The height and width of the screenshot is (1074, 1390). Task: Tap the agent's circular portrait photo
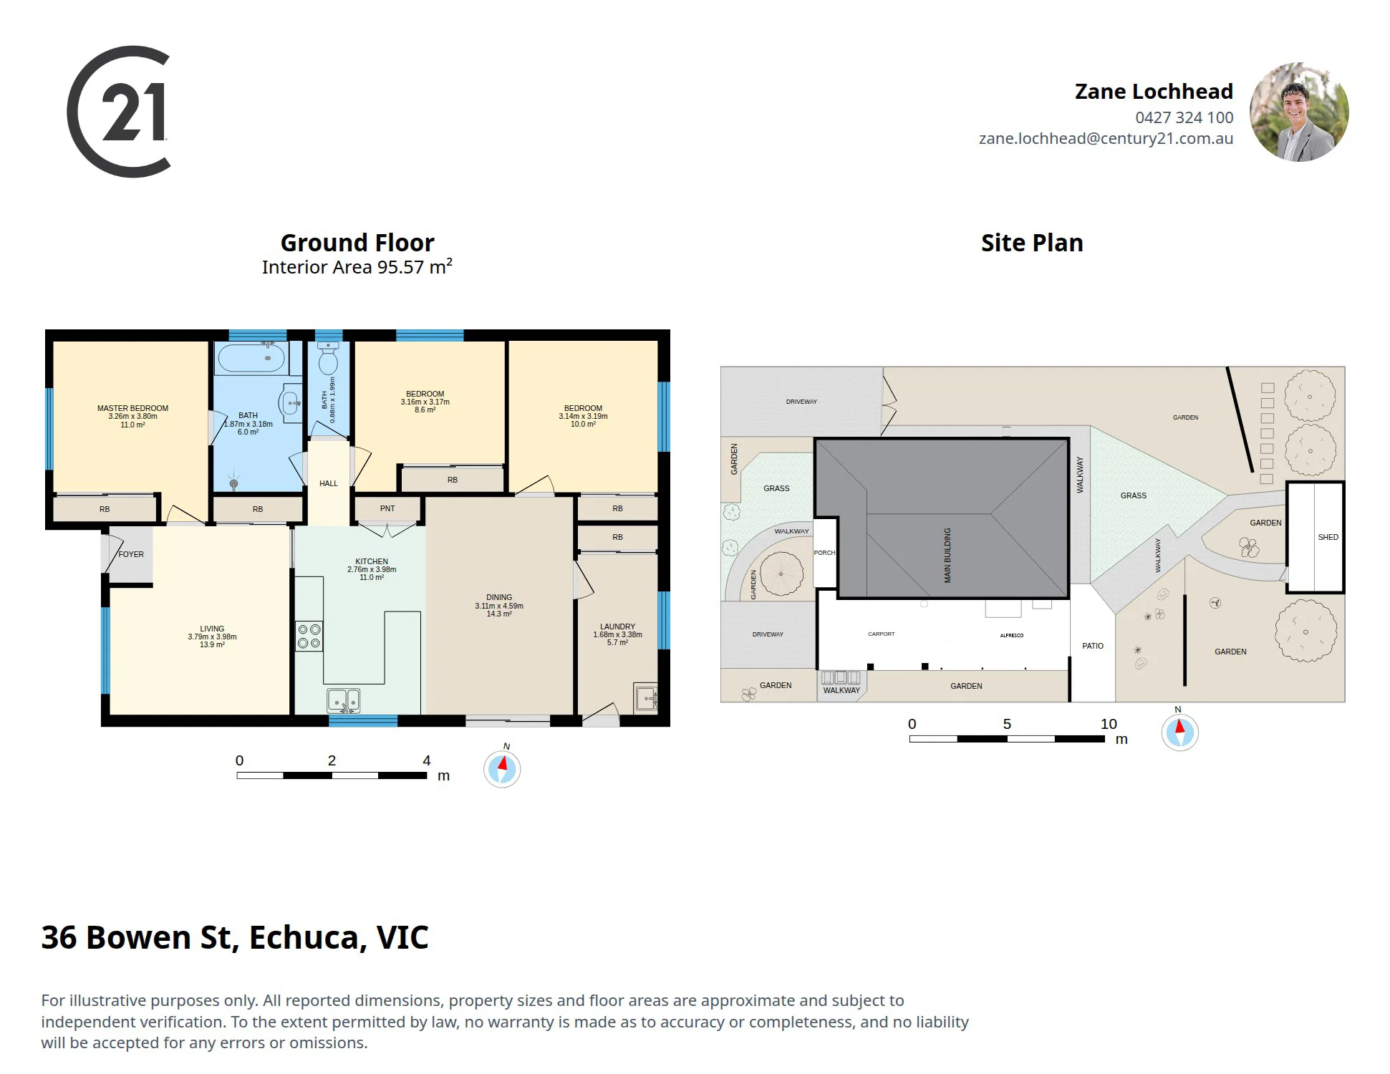click(x=1299, y=112)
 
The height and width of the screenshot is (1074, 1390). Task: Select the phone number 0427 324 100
click(x=1184, y=117)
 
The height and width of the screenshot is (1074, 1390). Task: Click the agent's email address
click(x=1106, y=139)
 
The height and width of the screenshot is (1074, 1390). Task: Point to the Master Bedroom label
click(x=133, y=408)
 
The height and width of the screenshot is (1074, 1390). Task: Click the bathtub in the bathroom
click(x=251, y=358)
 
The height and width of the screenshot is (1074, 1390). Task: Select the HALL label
click(x=329, y=483)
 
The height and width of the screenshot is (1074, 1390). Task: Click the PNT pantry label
click(x=387, y=508)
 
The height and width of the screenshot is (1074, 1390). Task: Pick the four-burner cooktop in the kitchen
click(x=309, y=636)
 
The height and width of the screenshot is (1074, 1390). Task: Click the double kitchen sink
click(x=344, y=700)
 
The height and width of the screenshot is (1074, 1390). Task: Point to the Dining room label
click(x=499, y=597)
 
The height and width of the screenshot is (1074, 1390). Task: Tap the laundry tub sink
click(x=646, y=698)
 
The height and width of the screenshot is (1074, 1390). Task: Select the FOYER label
click(x=131, y=554)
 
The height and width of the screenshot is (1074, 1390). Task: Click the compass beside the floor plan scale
click(x=502, y=769)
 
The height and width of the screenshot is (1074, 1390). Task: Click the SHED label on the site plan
click(x=1328, y=537)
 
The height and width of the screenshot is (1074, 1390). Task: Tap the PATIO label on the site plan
click(x=1093, y=646)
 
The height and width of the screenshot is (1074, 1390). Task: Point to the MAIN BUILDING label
click(x=947, y=555)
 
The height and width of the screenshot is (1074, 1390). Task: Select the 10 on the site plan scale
click(x=1109, y=724)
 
